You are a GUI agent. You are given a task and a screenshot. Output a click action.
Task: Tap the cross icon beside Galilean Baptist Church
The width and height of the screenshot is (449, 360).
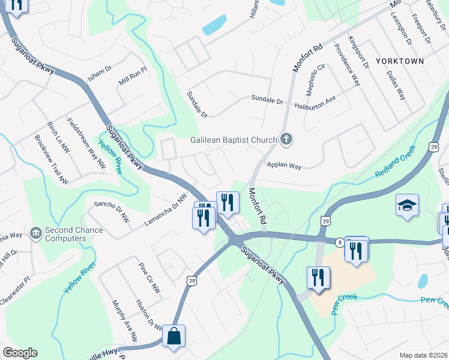click(286, 140)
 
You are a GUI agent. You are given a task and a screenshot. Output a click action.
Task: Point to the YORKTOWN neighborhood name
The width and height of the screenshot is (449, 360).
click(400, 61)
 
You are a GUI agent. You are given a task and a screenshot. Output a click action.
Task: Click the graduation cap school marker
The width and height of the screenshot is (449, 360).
click(407, 205)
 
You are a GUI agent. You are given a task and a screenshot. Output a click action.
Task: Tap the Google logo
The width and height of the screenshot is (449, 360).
click(20, 353)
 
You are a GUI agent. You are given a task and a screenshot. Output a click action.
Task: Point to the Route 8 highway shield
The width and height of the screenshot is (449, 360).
click(340, 242)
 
